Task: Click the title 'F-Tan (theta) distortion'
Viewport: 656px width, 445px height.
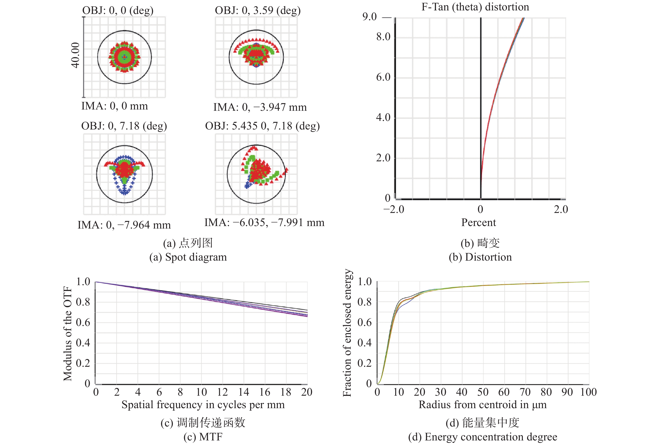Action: (475, 7)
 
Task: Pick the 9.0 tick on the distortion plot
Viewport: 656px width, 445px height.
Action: (369, 17)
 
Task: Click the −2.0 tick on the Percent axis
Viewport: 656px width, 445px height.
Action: (394, 209)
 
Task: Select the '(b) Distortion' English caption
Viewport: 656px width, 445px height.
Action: (480, 257)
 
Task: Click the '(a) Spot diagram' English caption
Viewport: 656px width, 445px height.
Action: (188, 257)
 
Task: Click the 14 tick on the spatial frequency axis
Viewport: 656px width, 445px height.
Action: (244, 392)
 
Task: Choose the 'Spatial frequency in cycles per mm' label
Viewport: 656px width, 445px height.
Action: (203, 405)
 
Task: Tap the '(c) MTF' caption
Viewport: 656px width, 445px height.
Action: (203, 437)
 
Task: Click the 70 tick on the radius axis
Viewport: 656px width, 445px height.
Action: (525, 392)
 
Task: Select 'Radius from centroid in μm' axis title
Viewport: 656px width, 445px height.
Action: (482, 405)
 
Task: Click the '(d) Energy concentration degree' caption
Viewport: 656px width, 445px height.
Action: (482, 437)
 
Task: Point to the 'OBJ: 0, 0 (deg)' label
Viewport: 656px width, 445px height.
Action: (118, 10)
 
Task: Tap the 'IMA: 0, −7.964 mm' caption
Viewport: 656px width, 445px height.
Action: (124, 225)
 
